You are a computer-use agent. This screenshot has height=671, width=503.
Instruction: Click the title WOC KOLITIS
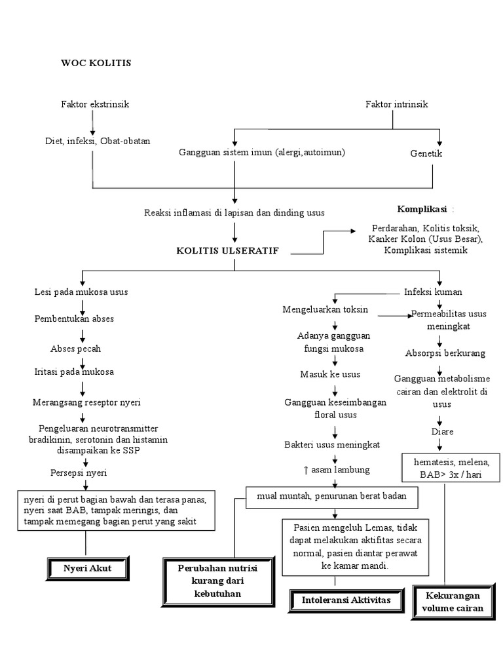(x=96, y=63)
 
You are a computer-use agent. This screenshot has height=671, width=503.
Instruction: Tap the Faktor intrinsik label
(x=396, y=104)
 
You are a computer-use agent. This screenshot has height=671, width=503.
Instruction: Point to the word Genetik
(x=426, y=153)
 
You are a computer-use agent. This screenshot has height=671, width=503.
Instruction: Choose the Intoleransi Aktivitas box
(x=336, y=600)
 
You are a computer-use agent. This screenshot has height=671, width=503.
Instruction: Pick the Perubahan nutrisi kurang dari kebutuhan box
(x=208, y=581)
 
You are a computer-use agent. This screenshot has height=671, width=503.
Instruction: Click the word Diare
(x=442, y=432)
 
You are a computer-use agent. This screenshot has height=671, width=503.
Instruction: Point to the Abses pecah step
(x=75, y=349)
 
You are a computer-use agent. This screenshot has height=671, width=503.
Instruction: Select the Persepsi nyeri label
(x=79, y=472)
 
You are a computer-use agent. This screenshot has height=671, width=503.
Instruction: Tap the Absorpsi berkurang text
(x=445, y=353)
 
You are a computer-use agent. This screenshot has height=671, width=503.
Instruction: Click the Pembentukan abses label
(x=74, y=319)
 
